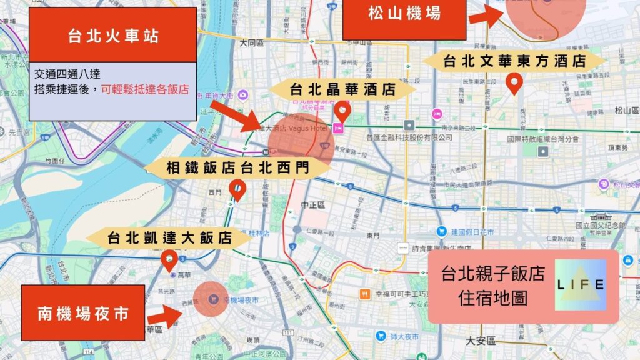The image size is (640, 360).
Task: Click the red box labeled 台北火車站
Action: pos(113,36)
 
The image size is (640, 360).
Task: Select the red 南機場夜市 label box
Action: pos(82,312)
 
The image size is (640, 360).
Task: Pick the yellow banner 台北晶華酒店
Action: pos(342,89)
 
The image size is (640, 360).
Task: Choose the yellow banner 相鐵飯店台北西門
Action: pos(237,167)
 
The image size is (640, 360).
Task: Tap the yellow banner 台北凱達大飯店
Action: pos(169,238)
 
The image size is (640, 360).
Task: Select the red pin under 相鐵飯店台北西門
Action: pos(237,189)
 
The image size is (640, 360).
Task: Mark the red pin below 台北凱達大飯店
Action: pos(169,260)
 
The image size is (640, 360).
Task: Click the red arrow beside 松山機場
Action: pos(486,15)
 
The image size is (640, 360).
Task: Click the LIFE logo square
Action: pos(581,285)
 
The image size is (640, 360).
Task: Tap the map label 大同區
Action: pos(252,43)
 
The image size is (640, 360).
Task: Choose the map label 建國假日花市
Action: pos(472,231)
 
